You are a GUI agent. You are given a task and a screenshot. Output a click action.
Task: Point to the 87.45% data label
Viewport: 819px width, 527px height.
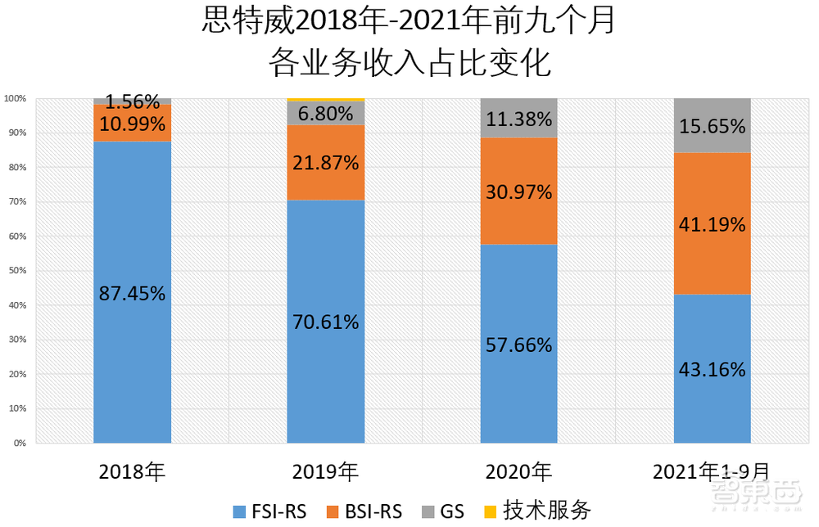(x=132, y=294)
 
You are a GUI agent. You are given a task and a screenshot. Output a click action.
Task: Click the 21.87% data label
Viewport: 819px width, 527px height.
(x=326, y=163)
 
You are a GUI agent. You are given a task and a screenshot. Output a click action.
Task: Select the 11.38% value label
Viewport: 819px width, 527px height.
(x=518, y=119)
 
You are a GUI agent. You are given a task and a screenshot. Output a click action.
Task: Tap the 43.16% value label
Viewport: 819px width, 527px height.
(x=712, y=370)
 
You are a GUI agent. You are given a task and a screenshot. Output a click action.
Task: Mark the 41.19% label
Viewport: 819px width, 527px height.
(x=712, y=224)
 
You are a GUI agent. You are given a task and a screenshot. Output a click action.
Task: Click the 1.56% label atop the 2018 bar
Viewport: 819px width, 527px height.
(x=132, y=102)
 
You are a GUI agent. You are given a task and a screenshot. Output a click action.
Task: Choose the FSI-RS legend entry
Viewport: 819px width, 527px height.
(x=269, y=511)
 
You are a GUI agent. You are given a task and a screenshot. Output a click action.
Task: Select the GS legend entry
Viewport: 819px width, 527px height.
(x=443, y=511)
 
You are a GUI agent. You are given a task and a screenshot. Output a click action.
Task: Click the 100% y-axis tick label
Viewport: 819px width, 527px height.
(x=15, y=98)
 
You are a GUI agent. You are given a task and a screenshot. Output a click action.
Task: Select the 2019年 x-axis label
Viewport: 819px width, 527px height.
(x=325, y=472)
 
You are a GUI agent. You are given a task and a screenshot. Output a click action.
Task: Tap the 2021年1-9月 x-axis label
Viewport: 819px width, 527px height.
(x=712, y=472)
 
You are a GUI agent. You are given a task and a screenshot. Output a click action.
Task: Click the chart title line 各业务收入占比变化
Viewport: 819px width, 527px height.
(x=409, y=63)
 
